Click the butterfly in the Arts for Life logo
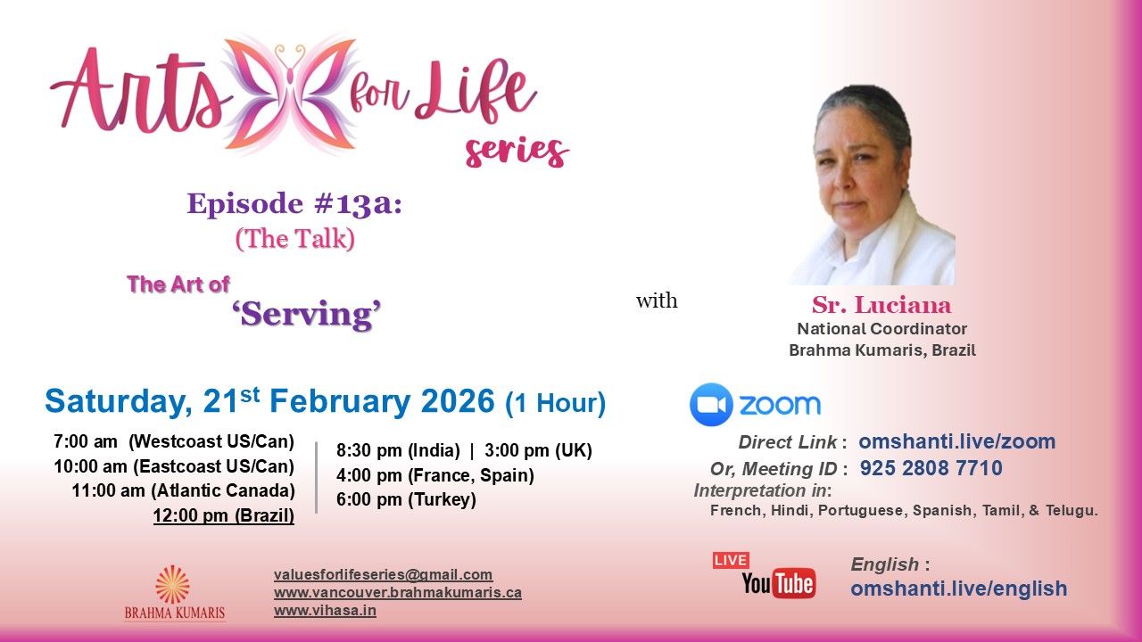pyautogui.click(x=291, y=95)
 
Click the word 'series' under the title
pyautogui.click(x=517, y=152)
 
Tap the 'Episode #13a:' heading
pyautogui.click(x=294, y=204)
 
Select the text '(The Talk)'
pyautogui.click(x=295, y=239)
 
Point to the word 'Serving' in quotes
pyautogui.click(x=306, y=315)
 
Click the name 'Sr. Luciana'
pyautogui.click(x=881, y=305)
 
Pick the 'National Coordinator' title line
pyautogui.click(x=882, y=329)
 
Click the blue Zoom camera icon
pyautogui.click(x=711, y=405)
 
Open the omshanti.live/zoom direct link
pyautogui.click(x=957, y=441)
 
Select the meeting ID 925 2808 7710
pyautogui.click(x=931, y=468)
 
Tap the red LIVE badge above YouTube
pyautogui.click(x=731, y=561)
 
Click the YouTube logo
pyautogui.click(x=779, y=583)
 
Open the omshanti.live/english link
pyautogui.click(x=958, y=589)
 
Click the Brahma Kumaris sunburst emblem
pyautogui.click(x=173, y=585)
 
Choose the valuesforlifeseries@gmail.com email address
pyautogui.click(x=383, y=575)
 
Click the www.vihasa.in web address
pyautogui.click(x=325, y=611)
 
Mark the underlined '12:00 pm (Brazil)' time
pyautogui.click(x=224, y=515)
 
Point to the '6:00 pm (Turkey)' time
pyautogui.click(x=406, y=499)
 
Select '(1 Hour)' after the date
pyautogui.click(x=555, y=404)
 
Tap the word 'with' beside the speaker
pyautogui.click(x=657, y=300)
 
